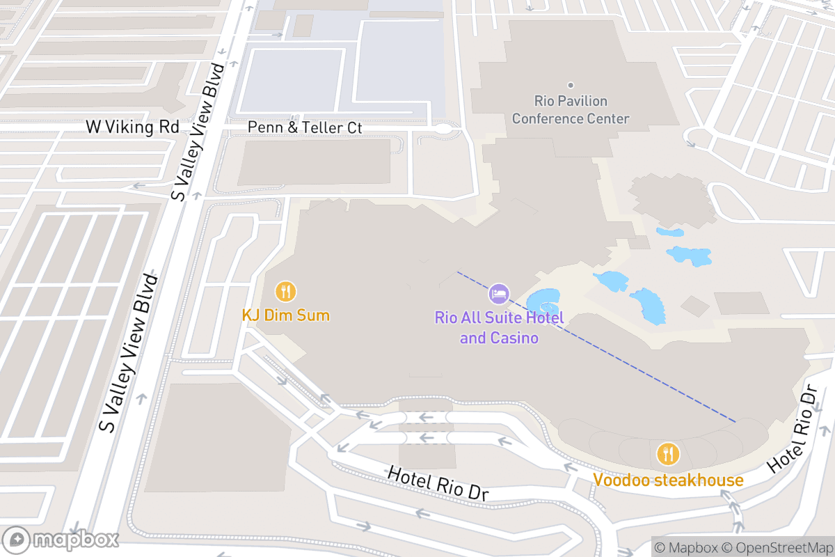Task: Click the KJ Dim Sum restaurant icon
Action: point(286,291)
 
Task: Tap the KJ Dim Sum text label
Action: point(285,315)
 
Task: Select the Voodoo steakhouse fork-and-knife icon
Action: point(668,454)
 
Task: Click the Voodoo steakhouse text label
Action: point(668,480)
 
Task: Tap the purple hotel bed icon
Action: point(499,294)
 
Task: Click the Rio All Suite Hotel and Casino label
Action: point(499,328)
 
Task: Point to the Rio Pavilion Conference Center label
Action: point(571,110)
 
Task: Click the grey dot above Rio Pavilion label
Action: point(571,85)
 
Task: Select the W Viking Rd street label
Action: point(132,127)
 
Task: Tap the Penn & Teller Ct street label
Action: point(305,128)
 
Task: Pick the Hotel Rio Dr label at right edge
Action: point(793,430)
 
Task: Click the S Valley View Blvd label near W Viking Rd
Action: point(199,132)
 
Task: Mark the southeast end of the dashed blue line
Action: point(735,421)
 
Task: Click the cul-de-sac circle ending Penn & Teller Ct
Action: point(443,129)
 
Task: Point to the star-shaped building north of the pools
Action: point(671,199)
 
